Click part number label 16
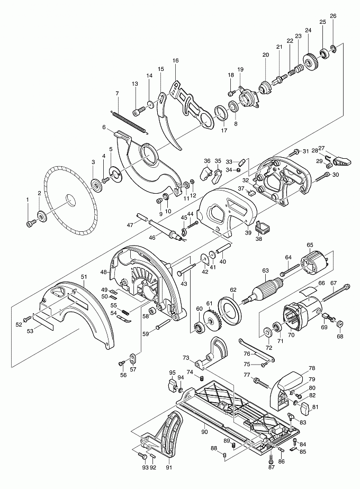176,61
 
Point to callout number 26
333,16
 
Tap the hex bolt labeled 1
29,223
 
